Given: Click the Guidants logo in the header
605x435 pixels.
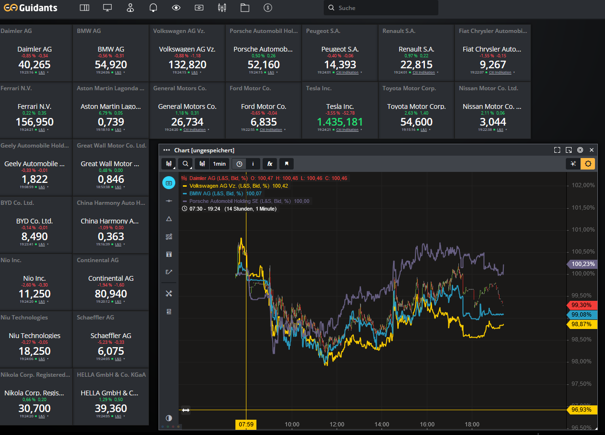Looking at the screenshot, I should point(31,8).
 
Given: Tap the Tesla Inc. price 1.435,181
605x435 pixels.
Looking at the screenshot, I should point(340,122).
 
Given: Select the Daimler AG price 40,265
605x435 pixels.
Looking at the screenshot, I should point(34,64).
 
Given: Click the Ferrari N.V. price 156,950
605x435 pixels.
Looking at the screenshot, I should point(34,122).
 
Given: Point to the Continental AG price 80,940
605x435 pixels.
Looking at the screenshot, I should point(111,294).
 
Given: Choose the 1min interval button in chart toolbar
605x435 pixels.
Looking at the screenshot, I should point(219,164).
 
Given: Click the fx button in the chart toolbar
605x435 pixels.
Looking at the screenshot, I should point(270,164).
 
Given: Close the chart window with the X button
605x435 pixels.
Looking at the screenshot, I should point(592,150).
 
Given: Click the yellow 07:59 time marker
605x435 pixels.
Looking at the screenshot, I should point(246,424).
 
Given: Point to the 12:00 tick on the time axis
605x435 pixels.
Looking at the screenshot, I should point(337,424).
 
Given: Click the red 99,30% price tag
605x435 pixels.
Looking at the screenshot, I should point(581,305).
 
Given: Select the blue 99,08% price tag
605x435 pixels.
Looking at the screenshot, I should point(581,315).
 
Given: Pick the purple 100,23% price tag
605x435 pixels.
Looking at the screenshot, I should point(581,264).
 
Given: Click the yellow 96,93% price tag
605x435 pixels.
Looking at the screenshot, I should point(581,410).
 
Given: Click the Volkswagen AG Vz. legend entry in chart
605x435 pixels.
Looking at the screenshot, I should point(230,186).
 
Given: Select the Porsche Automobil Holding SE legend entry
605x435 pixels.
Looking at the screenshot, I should point(240,201).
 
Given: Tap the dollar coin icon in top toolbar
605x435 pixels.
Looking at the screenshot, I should point(268,8).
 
